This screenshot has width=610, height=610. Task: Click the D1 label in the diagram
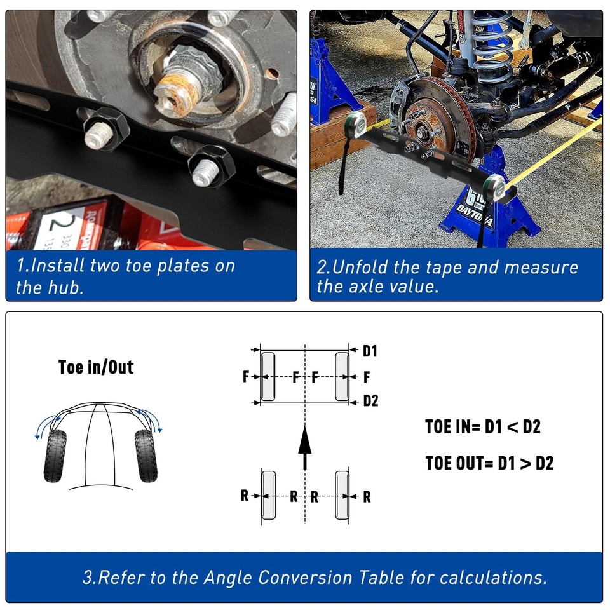pyautogui.click(x=370, y=351)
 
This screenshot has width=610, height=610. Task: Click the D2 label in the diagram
pyautogui.click(x=370, y=401)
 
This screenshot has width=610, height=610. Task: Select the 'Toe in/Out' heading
pyautogui.click(x=96, y=367)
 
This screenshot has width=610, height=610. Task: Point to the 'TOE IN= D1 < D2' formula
pyautogui.click(x=483, y=426)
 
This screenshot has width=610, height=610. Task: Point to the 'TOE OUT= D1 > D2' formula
pyautogui.click(x=489, y=463)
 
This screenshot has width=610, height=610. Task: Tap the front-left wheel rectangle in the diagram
pyautogui.click(x=268, y=376)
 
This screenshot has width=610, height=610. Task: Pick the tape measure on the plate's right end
pyautogui.click(x=494, y=187)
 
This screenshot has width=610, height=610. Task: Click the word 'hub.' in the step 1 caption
pyautogui.click(x=85, y=287)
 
